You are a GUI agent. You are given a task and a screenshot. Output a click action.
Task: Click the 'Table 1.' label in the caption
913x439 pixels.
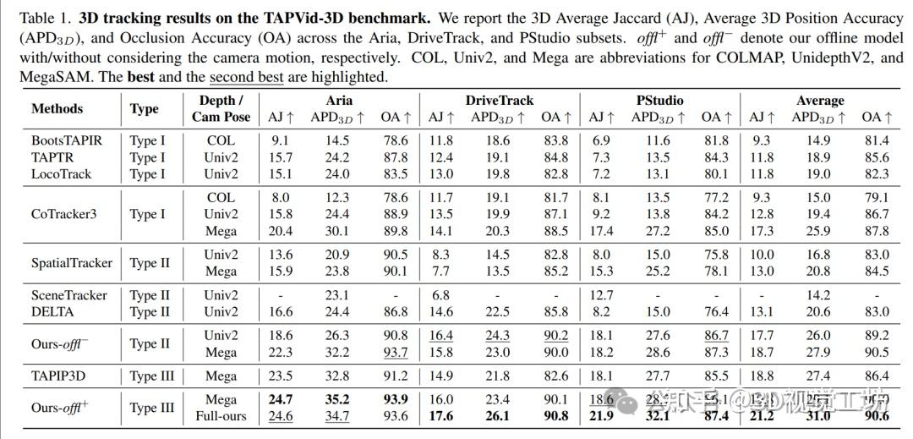[x=42, y=17]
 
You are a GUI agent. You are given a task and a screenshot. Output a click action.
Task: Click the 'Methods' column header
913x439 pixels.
[x=57, y=108]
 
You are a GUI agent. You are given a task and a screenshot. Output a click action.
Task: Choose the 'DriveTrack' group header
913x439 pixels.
[x=500, y=101]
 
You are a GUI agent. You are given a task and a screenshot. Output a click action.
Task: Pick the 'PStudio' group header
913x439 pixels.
[x=659, y=101]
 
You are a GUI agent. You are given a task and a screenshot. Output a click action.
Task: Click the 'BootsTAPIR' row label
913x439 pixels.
[x=67, y=140]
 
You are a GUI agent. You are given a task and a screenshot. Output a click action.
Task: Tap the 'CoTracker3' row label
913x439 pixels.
[x=64, y=214]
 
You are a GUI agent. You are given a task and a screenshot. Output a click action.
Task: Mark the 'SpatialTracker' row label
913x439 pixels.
[x=72, y=262]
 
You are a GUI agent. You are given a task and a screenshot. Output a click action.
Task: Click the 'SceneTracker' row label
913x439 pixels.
[x=69, y=295]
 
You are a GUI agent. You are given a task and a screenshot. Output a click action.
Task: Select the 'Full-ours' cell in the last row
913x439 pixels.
[x=221, y=416]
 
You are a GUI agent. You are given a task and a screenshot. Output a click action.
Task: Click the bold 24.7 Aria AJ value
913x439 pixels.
[x=281, y=399]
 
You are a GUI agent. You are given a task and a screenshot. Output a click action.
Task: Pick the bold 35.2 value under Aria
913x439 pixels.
[x=337, y=399]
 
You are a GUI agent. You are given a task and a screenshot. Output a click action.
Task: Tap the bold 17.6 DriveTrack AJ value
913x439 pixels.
[x=441, y=416]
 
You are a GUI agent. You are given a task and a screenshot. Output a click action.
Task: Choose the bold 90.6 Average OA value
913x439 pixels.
[x=877, y=416]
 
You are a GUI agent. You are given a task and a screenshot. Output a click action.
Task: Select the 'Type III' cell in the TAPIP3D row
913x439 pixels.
[x=153, y=376]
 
